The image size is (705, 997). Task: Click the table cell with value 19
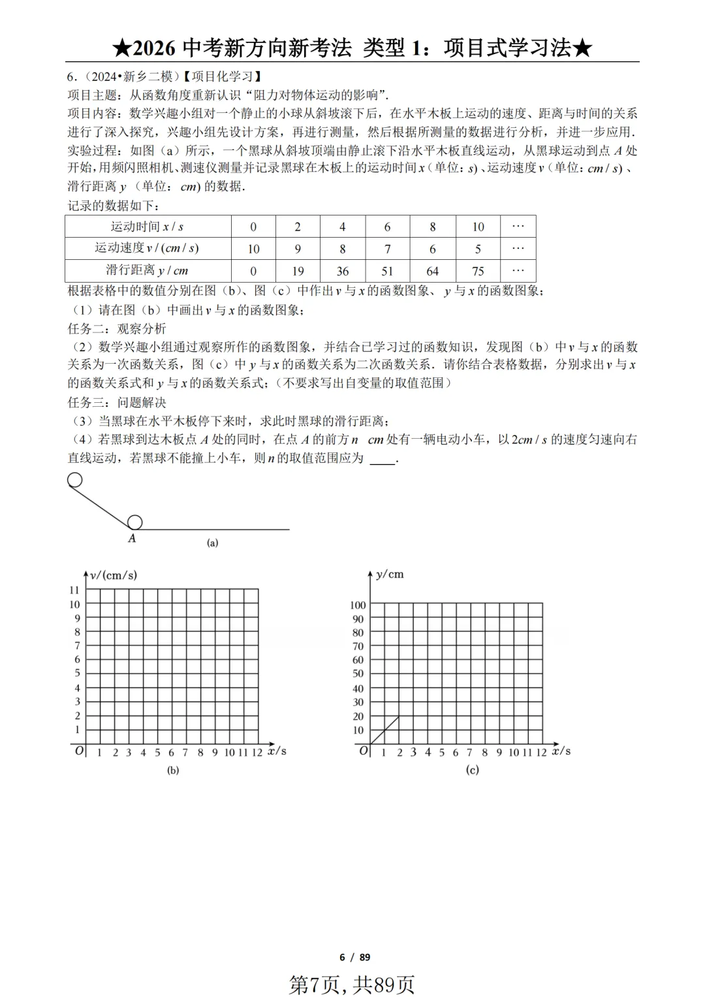(298, 271)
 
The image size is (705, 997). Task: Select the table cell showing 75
(478, 271)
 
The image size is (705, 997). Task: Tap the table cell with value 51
(387, 271)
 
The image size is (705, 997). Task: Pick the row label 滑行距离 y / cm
(148, 270)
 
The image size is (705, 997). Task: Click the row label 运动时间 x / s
(148, 227)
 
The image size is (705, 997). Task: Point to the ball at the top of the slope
(75, 481)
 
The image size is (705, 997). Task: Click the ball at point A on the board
(134, 522)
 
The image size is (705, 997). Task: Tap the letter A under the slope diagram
(132, 539)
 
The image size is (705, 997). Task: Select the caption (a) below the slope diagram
(212, 543)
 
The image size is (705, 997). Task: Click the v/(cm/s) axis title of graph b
(114, 575)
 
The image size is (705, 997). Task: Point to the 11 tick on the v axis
(74, 590)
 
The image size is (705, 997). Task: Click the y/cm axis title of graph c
(390, 575)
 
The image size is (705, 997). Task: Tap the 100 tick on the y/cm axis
(358, 605)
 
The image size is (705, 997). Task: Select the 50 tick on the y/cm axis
(358, 674)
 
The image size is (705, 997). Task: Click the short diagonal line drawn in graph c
(385, 730)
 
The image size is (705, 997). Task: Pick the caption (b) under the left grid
(173, 770)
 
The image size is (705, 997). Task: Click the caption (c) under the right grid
(473, 770)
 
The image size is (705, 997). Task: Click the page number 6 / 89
(354, 957)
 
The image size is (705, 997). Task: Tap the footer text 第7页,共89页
(352, 984)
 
